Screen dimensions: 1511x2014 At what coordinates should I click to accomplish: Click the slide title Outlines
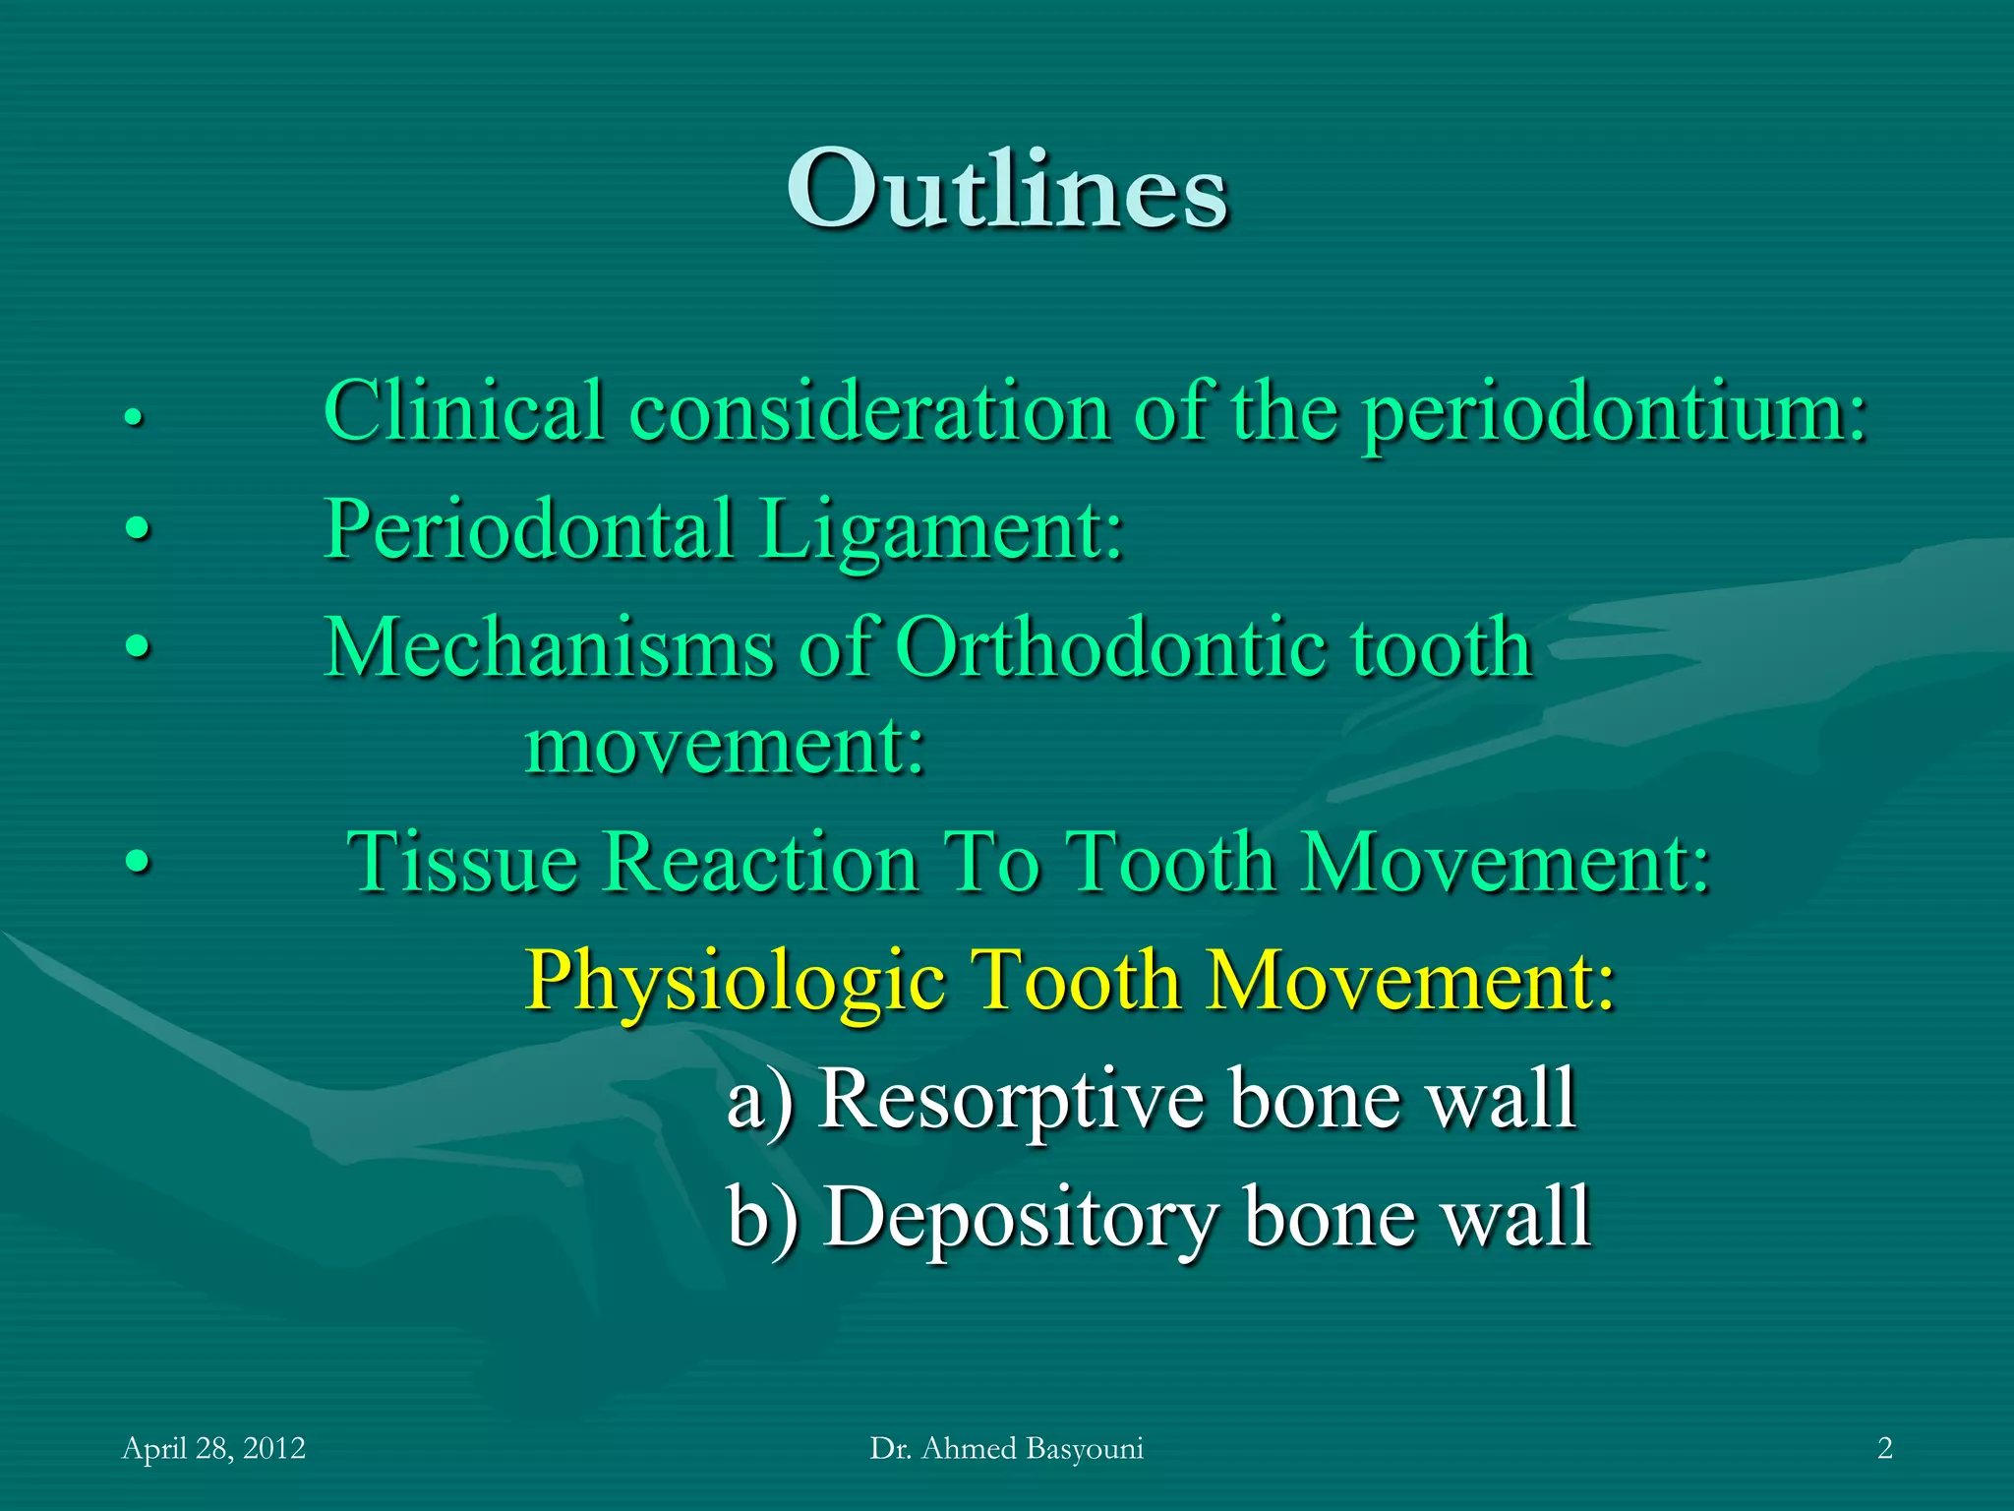tap(1007, 189)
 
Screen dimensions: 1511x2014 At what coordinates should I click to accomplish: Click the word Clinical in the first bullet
tap(463, 411)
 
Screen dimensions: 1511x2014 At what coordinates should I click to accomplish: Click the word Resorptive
tap(1013, 1099)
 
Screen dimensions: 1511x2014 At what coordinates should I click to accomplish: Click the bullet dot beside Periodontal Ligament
tap(139, 530)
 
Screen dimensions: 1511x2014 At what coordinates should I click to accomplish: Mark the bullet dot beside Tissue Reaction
tap(139, 863)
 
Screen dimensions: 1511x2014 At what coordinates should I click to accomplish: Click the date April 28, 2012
tap(213, 1448)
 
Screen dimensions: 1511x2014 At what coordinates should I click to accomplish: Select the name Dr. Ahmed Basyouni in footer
tap(1006, 1448)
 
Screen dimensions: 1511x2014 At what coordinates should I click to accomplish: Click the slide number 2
tap(1884, 1448)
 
